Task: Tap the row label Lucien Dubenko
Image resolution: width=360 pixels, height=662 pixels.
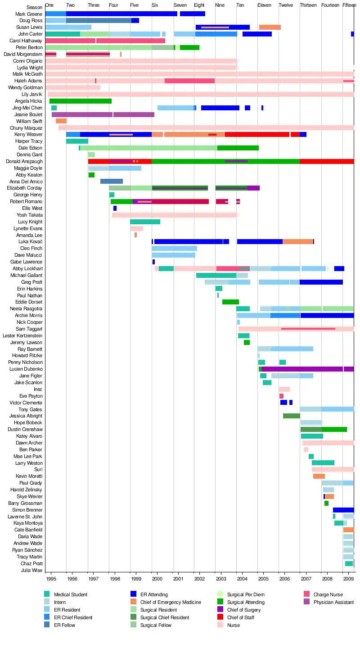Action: click(x=26, y=369)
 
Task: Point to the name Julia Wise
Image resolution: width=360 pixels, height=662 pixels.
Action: click(x=32, y=570)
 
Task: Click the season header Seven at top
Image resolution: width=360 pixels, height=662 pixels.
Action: click(x=180, y=5)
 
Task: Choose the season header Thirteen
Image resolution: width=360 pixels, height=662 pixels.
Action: click(x=308, y=5)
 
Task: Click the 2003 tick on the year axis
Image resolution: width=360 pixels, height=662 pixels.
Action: click(x=221, y=578)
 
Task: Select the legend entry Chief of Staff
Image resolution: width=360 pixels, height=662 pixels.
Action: click(x=241, y=617)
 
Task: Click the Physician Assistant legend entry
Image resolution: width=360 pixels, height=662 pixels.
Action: click(x=333, y=602)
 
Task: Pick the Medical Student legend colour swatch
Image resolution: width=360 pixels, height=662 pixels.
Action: click(x=47, y=594)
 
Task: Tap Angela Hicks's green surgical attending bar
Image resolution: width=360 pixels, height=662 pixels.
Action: click(x=80, y=101)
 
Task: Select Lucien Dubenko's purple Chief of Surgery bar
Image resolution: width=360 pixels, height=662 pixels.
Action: click(x=306, y=369)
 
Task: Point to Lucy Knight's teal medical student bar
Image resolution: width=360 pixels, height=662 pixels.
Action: click(x=145, y=222)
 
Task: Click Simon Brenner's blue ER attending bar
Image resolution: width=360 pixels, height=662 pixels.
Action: click(x=343, y=510)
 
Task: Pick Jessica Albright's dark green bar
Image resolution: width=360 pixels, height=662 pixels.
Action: click(x=291, y=416)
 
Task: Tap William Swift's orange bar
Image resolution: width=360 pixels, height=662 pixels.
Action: click(x=61, y=121)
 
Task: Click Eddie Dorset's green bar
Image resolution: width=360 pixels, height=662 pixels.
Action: click(x=230, y=302)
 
